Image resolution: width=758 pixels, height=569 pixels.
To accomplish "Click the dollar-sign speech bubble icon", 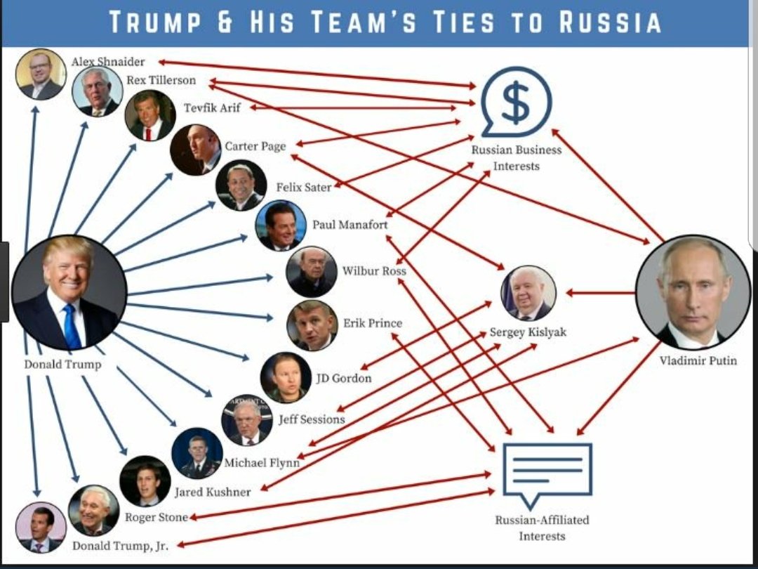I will coord(516,103).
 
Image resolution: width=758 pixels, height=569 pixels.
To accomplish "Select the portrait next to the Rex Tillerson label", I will coord(98,91).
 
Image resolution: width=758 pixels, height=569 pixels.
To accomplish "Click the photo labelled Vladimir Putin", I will coord(693,292).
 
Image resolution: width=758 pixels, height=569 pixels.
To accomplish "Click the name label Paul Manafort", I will coord(350,225).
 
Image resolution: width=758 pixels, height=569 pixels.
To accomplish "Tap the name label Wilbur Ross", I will coord(373,270).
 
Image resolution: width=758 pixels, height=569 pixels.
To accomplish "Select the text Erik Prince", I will coord(373,323).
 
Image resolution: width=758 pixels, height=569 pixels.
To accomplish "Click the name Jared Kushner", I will coord(212,492).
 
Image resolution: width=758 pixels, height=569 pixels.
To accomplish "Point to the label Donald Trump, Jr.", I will coord(121,545).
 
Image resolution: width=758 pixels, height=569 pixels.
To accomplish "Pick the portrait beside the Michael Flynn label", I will coord(197,453).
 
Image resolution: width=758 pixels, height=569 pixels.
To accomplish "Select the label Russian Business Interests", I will coord(516,157).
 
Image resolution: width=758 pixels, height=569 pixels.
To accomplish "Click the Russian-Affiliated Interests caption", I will coord(542,528).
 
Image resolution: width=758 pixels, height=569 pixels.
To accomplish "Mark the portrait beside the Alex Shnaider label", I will coord(41,74).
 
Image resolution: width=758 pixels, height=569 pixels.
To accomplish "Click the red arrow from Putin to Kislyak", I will coord(600,292).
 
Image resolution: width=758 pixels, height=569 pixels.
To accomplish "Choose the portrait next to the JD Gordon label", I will coord(286,377).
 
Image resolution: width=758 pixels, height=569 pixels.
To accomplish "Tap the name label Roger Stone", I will coord(156,517).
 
